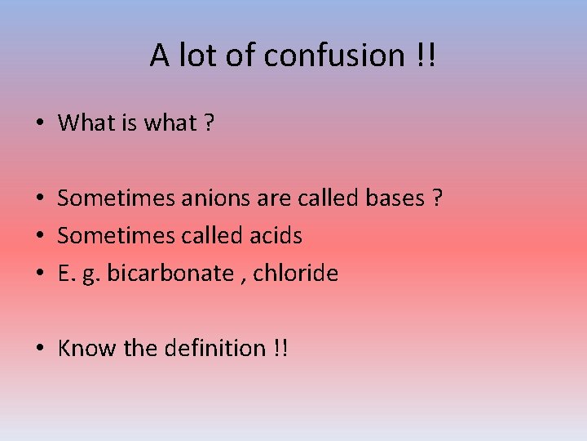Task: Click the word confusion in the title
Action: (333, 56)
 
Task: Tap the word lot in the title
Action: (192, 56)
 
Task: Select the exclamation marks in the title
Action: (426, 56)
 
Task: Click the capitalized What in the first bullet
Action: (87, 123)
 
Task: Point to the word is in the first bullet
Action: (130, 123)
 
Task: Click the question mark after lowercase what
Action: (210, 123)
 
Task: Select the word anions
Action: (202, 198)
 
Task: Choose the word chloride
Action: (295, 274)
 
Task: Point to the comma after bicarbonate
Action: (243, 278)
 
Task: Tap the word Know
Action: (88, 349)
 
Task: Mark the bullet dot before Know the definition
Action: (40, 350)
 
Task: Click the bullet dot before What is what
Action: (40, 124)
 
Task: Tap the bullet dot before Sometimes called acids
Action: (40, 237)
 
